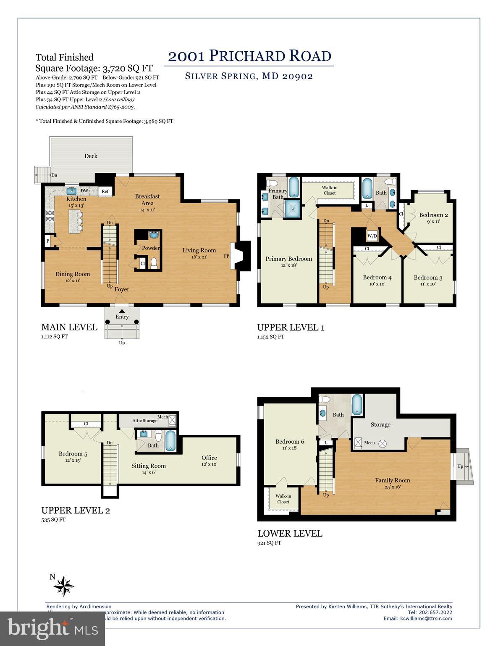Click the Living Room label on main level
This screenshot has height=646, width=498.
pyautogui.click(x=199, y=250)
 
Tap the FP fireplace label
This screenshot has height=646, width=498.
pyautogui.click(x=226, y=256)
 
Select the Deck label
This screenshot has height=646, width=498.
pyautogui.click(x=91, y=156)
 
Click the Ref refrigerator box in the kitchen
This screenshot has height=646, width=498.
pyautogui.click(x=105, y=191)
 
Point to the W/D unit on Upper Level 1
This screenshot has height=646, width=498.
pyautogui.click(x=372, y=236)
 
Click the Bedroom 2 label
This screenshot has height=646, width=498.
pyautogui.click(x=433, y=215)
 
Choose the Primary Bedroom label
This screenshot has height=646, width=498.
pyautogui.click(x=288, y=259)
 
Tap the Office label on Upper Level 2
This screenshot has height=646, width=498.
pyautogui.click(x=209, y=458)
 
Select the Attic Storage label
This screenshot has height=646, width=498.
pyautogui.click(x=144, y=421)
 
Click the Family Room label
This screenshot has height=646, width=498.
pyautogui.click(x=392, y=480)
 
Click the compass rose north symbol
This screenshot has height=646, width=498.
pyautogui.click(x=64, y=585)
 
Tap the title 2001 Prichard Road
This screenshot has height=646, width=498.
pyautogui.click(x=249, y=56)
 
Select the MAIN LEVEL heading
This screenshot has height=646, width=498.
pyautogui.click(x=69, y=327)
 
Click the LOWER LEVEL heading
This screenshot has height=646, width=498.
pyautogui.click(x=290, y=533)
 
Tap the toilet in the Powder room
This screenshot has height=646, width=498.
pyautogui.click(x=154, y=263)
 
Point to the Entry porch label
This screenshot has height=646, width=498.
pyautogui.click(x=122, y=317)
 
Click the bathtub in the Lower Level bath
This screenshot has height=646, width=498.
pyautogui.click(x=356, y=405)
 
